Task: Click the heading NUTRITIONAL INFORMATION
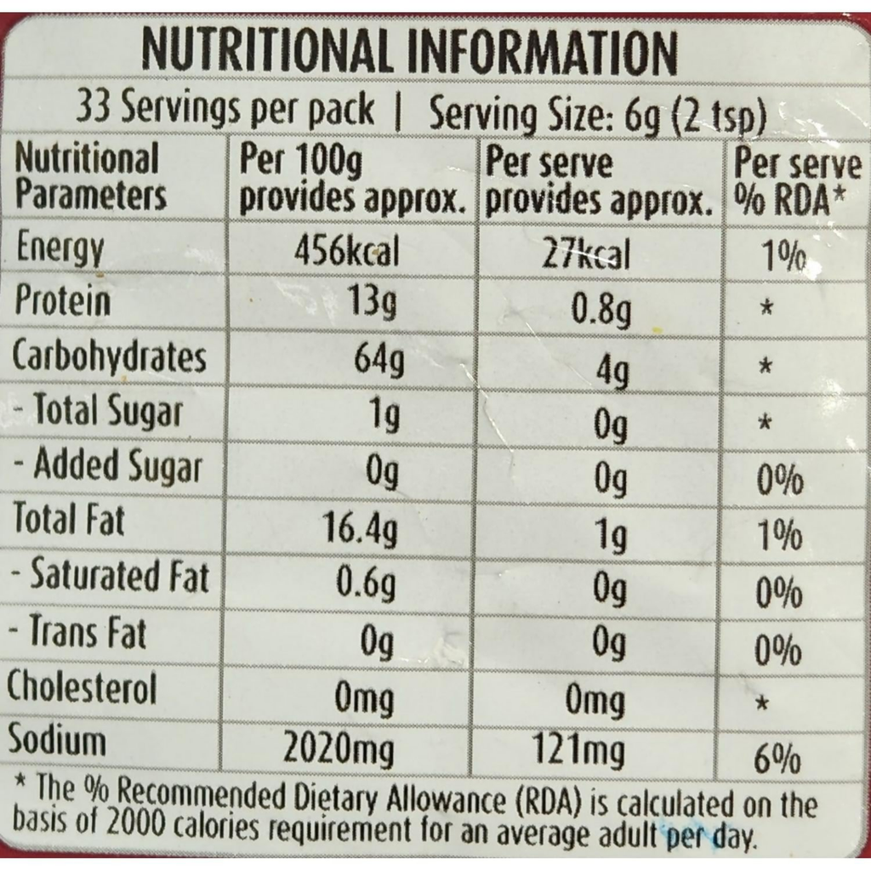click(410, 52)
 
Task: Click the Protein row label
click(63, 302)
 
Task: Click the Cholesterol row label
click(83, 687)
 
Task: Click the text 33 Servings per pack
click(225, 109)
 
